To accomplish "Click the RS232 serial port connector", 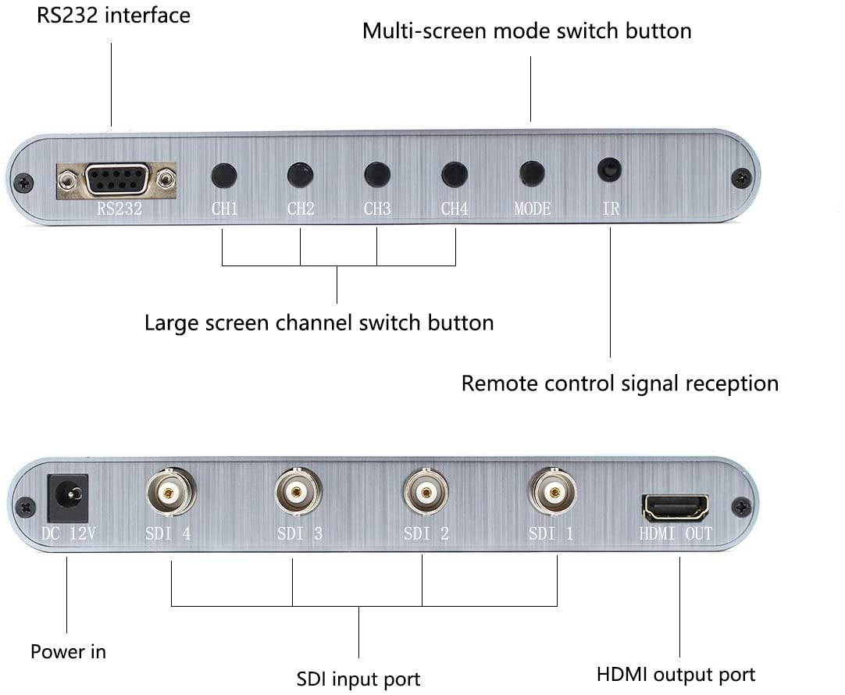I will [117, 180].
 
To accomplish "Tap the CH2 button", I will [300, 175].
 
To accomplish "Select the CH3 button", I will [377, 174].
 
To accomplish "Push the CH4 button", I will [454, 174].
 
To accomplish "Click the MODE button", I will [532, 173].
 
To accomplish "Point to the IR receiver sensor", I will [609, 169].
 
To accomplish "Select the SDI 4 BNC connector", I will [170, 492].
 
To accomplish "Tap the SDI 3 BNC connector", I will [298, 492].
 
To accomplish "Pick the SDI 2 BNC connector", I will [426, 492].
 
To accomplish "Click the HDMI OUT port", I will [676, 508].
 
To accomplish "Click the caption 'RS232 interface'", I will [114, 15].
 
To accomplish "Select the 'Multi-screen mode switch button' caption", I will [527, 31].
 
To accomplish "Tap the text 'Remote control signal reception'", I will [619, 383].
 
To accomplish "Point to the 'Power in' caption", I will [68, 650].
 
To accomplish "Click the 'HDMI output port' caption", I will [676, 674].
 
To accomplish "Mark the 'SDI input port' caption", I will [358, 679].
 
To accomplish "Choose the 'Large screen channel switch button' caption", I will [319, 323].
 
